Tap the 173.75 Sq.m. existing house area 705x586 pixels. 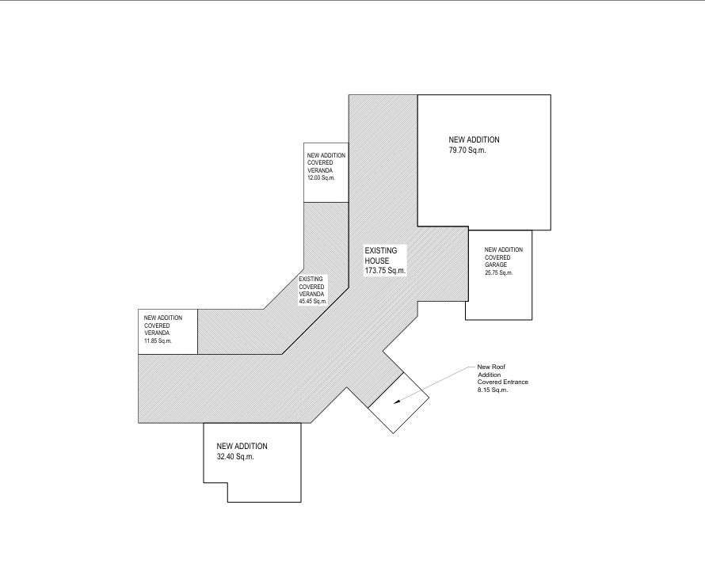[385, 271]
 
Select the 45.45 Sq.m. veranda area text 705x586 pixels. [313, 301]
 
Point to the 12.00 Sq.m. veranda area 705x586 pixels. [321, 178]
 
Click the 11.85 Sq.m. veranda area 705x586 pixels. [158, 341]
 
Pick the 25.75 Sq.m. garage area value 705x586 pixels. [498, 272]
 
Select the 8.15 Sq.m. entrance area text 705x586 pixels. [493, 390]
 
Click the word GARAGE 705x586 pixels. [495, 265]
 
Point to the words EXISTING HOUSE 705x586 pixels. [380, 256]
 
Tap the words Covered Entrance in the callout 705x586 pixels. [503, 382]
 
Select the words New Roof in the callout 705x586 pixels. [491, 367]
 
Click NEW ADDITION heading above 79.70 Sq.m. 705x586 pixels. [474, 139]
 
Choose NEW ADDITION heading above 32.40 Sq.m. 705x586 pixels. [242, 447]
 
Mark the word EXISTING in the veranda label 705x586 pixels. [311, 279]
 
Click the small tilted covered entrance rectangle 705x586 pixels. [398, 402]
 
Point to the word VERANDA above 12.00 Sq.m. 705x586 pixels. [320, 170]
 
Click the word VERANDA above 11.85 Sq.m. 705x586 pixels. [157, 333]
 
